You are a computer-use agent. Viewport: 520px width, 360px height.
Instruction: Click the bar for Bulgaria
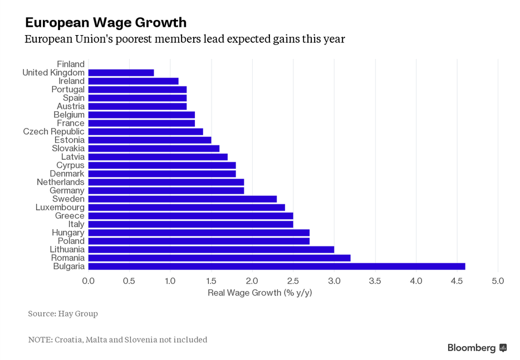pos(277,267)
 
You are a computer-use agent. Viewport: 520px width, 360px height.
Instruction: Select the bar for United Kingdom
pos(121,72)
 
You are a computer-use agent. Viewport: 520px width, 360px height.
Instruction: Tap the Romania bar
pos(219,258)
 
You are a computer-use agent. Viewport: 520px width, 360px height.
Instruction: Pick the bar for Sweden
pos(183,199)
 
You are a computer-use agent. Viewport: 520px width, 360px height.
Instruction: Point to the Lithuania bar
pos(211,250)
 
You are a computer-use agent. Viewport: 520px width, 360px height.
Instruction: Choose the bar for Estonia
pos(150,140)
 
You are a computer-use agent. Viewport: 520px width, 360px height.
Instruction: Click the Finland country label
pos(71,64)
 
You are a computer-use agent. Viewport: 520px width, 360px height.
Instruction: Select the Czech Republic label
pos(53,132)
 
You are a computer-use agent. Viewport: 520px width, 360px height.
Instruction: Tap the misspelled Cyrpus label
pos(71,165)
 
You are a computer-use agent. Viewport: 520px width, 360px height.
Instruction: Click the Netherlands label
pos(61,182)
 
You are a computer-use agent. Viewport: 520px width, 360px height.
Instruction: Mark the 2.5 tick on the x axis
pos(293,281)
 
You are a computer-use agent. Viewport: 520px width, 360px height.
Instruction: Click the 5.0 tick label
pos(498,281)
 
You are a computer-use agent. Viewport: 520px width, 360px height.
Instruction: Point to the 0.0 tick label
pos(89,281)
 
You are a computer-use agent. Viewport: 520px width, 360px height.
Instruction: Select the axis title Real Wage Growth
pos(260,293)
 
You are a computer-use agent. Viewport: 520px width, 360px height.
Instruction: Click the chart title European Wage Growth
pos(106,23)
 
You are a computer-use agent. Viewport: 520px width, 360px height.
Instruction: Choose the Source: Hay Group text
pos(63,314)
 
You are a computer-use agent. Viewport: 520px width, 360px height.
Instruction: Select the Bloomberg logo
pos(477,348)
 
